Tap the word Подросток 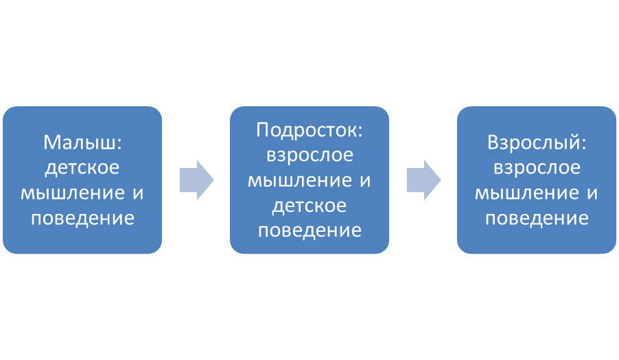click(307, 130)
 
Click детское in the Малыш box click(82, 167)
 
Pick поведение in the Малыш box click(82, 219)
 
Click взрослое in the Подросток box click(309, 155)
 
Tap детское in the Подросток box click(309, 206)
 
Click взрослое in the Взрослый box click(537, 167)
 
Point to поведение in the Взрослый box click(537, 219)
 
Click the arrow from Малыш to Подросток click(196, 180)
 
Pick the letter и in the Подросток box click(365, 182)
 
